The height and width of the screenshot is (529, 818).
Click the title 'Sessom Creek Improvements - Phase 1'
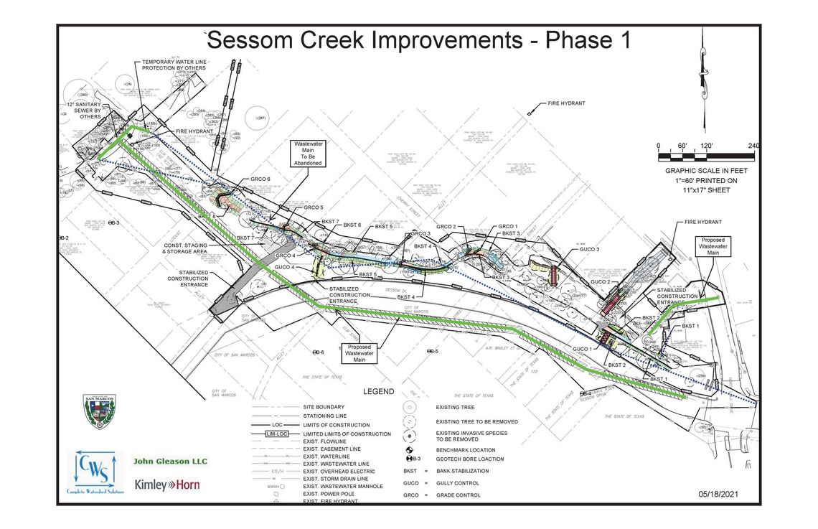click(x=418, y=40)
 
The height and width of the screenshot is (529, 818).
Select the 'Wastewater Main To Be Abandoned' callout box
click(x=308, y=153)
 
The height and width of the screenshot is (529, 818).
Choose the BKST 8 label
click(x=205, y=216)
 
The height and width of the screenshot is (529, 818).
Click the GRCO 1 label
click(x=507, y=226)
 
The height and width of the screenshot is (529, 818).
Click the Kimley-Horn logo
click(x=167, y=485)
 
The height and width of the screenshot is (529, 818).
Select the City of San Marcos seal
click(x=100, y=411)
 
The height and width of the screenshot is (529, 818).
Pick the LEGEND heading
click(x=378, y=391)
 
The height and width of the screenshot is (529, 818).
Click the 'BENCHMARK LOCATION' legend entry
click(x=466, y=450)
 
